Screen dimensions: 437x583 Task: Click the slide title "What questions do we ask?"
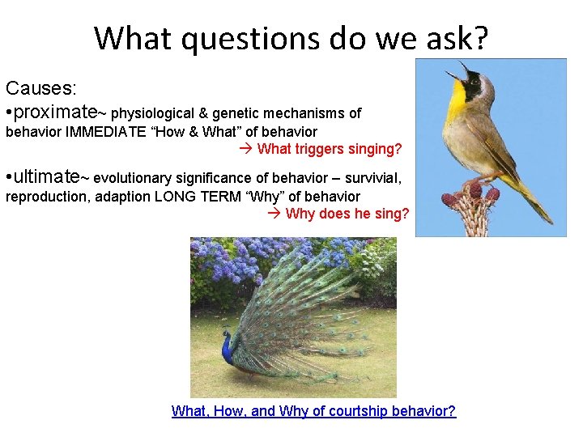[291, 38]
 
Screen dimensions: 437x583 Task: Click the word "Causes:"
[40, 87]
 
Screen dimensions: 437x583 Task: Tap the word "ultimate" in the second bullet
[48, 176]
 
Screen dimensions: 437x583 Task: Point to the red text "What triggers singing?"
[329, 149]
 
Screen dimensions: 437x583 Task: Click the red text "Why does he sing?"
[347, 214]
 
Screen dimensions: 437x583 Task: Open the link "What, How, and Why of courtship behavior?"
[313, 411]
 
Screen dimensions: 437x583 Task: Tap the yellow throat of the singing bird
[457, 101]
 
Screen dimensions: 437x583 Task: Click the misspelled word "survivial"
[375, 178]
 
